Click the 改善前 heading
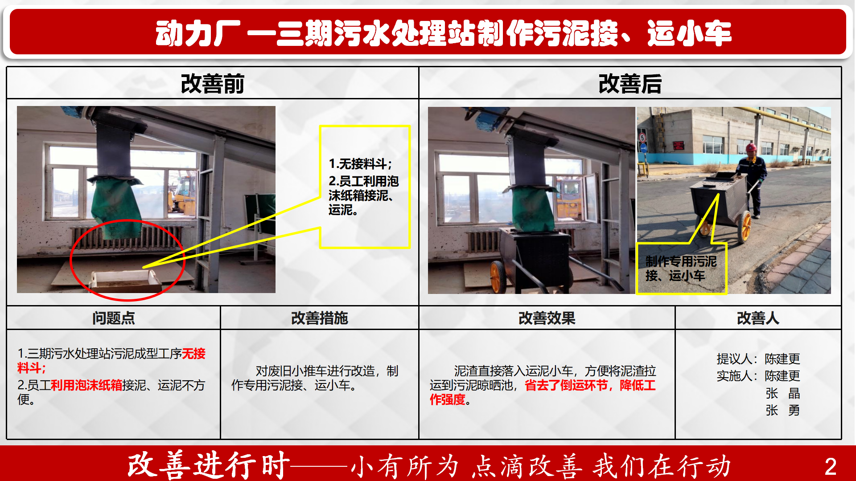coord(212,84)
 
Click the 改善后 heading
coord(630,84)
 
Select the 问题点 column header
coord(114,318)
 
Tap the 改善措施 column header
coord(319,318)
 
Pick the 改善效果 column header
coord(547,318)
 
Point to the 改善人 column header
coord(758,318)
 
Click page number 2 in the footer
coord(830,467)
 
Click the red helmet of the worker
coord(752,147)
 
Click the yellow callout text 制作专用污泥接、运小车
coord(681,269)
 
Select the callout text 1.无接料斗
coord(360,164)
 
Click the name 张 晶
coord(782,393)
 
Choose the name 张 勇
coord(782,410)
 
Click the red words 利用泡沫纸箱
coord(86,385)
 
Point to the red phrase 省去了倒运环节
coord(566,385)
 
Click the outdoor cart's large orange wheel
coord(745,227)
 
